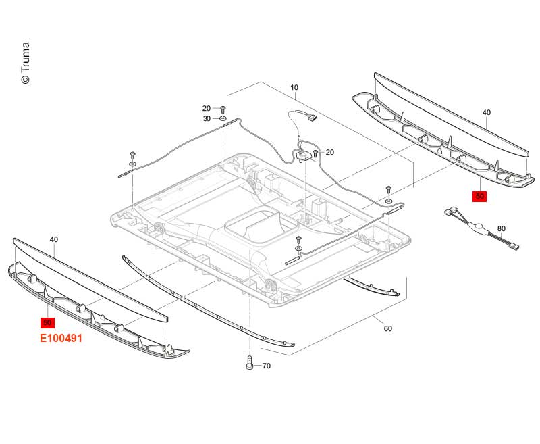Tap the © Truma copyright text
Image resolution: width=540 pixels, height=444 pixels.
coord(25,64)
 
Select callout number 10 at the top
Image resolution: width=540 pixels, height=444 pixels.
coord(294,88)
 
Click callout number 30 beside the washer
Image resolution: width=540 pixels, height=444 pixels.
coord(207,118)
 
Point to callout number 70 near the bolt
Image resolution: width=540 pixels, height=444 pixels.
coord(266,366)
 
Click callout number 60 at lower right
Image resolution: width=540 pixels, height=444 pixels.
coord(387,329)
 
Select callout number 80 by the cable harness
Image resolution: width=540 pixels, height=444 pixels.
coord(501,228)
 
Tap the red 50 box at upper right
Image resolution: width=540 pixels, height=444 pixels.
coord(479,196)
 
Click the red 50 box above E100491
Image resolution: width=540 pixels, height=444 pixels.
coord(48,322)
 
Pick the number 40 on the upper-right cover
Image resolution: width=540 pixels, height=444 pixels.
coord(486,112)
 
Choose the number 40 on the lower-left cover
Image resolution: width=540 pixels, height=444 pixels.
coord(54,239)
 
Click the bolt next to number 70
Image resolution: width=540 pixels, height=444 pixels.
coord(249,363)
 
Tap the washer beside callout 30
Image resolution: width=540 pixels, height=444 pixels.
coord(222,119)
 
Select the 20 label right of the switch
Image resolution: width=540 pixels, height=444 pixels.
coord(329,153)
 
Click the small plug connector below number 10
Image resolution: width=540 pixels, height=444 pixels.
coord(313,120)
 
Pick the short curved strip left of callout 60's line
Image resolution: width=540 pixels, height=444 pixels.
coord(373,287)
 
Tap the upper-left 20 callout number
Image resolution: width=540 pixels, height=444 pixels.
coord(207,108)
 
